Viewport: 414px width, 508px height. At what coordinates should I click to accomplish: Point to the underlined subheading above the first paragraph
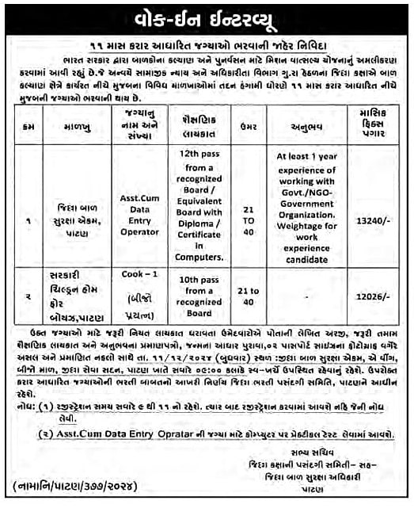pyautogui.click(x=207, y=47)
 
